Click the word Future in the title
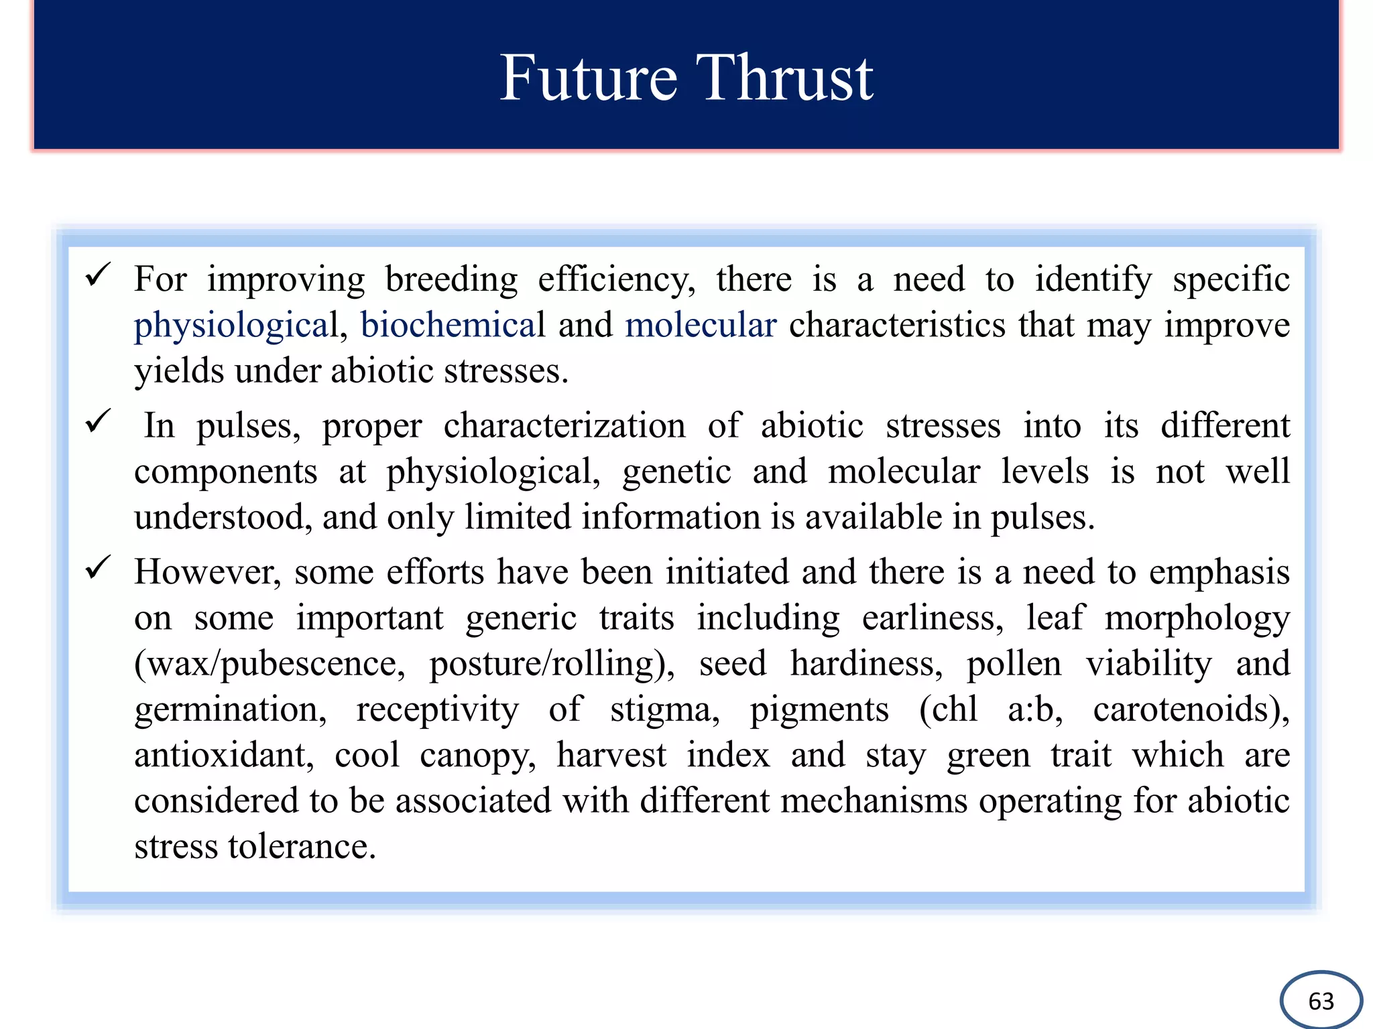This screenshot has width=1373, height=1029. click(588, 78)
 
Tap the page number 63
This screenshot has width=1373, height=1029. click(1321, 1001)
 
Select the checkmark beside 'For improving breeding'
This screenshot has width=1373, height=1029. click(98, 275)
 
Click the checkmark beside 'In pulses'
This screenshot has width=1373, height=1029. click(98, 421)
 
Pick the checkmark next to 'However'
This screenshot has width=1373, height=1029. click(98, 568)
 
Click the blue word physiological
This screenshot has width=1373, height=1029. click(236, 326)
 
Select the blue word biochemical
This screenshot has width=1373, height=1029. click(453, 325)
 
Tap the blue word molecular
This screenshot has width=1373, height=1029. click(701, 325)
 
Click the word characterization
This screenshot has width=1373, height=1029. click(564, 426)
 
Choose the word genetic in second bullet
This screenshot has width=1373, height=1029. click(676, 472)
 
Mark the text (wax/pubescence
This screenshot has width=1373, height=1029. click(270, 665)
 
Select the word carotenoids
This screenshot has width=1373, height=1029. click(1190, 709)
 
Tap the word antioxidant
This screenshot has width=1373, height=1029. click(223, 755)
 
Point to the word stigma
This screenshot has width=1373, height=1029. click(664, 710)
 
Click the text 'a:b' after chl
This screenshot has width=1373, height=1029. click(1034, 709)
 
